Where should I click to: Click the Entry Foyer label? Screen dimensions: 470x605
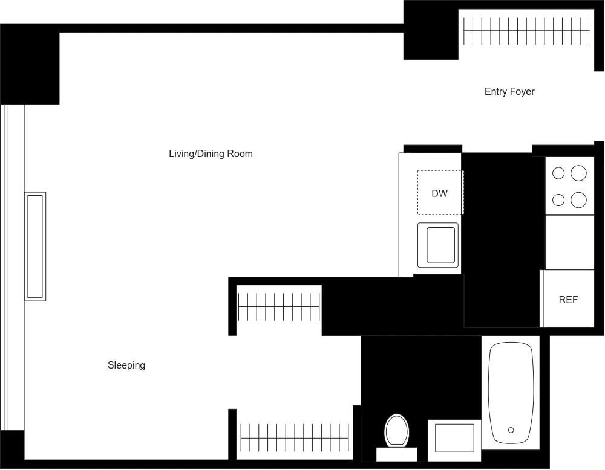pos(509,92)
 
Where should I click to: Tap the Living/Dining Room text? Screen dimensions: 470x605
pos(211,154)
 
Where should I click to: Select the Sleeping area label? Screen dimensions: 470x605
pos(126,365)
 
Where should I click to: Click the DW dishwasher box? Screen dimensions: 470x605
pos(440,193)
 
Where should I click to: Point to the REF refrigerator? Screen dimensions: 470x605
pos(568,300)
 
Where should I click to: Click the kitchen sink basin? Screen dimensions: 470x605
pos(440,245)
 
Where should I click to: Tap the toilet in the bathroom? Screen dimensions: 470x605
pos(397,430)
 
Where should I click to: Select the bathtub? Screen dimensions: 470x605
pos(511,393)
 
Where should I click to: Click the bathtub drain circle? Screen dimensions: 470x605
pos(511,430)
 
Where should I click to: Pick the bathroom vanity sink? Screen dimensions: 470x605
pos(454,437)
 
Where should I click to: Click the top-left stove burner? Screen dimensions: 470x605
pos(558,173)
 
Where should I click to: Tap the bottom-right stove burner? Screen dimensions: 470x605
pos(579,199)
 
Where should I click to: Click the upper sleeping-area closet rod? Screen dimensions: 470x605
pos(278,307)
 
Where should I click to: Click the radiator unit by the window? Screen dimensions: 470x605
pos(35,246)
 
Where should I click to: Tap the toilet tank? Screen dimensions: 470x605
pos(397,454)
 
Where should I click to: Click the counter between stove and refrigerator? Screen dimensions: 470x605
pos(569,242)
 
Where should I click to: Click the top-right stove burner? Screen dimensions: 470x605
pos(579,173)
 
